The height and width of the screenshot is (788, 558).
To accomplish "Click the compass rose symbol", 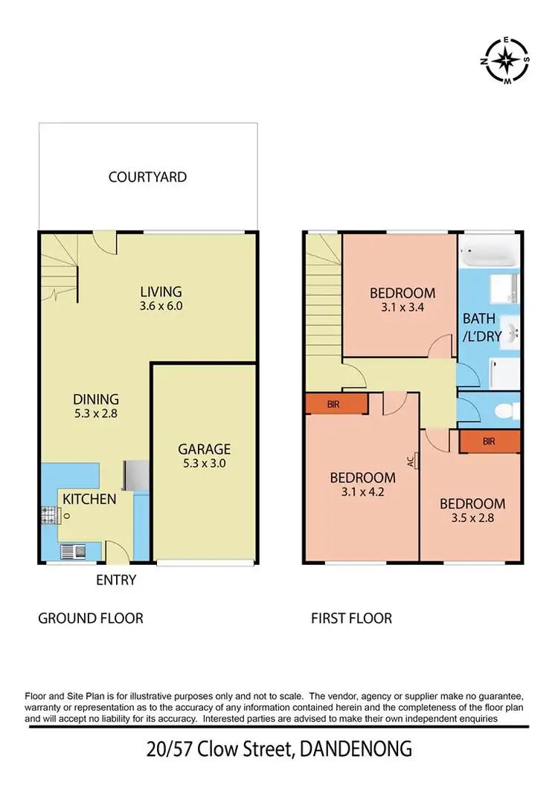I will [x=507, y=59].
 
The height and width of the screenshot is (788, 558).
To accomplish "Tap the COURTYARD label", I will [x=147, y=177].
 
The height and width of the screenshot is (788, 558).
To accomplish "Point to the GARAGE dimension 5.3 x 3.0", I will [x=204, y=463].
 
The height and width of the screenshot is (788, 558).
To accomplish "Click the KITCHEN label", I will [x=89, y=499].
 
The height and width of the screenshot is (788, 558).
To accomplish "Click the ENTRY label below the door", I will [x=116, y=580].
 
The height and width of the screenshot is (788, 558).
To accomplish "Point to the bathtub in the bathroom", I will [x=487, y=254].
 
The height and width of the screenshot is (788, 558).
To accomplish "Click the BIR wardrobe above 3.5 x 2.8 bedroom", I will [x=489, y=442].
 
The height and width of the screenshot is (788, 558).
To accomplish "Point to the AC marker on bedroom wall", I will [x=410, y=461].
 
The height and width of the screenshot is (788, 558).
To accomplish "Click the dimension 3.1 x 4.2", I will [x=362, y=491].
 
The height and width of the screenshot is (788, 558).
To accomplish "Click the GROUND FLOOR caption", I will [x=91, y=619].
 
